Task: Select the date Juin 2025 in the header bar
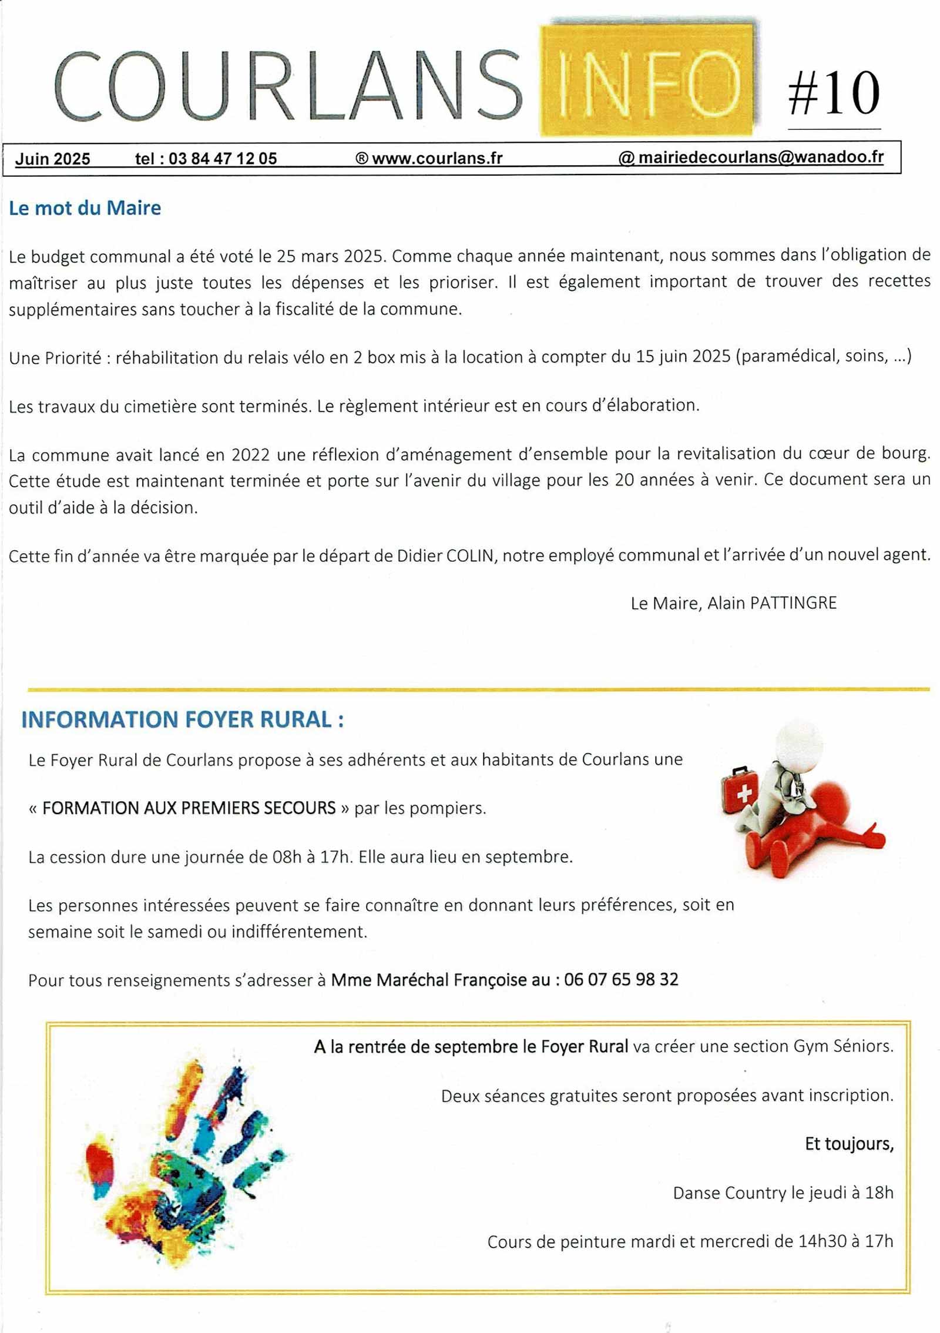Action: [x=52, y=159]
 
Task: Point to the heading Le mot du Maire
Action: [x=85, y=208]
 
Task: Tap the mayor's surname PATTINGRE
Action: [x=793, y=603]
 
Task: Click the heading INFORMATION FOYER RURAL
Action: [x=182, y=719]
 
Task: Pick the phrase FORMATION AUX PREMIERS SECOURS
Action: [x=189, y=808]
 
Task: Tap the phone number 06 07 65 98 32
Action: [x=621, y=979]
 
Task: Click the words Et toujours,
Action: [x=848, y=1144]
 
